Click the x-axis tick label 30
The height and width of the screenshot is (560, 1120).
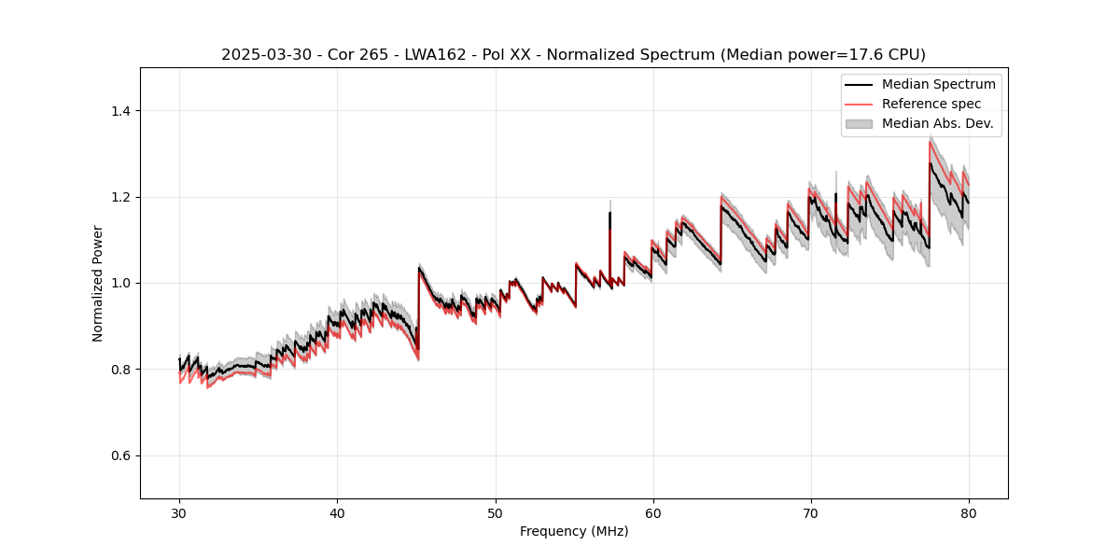179,512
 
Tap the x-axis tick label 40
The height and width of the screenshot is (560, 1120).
337,512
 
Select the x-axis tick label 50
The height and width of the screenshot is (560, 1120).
495,512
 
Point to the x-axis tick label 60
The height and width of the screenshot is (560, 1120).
652,512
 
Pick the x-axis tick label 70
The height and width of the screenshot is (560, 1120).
810,512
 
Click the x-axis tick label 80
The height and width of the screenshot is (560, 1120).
968,512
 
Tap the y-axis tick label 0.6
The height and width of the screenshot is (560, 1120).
120,455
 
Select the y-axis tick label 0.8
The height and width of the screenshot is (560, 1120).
120,370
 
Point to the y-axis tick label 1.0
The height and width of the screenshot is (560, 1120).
120,283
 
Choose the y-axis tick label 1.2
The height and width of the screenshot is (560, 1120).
120,197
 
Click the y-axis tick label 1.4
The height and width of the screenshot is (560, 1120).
120,111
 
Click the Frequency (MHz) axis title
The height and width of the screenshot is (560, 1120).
574,531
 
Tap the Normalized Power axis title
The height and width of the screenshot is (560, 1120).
98,283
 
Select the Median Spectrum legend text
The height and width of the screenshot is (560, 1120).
938,84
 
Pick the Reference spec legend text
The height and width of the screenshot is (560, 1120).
931,104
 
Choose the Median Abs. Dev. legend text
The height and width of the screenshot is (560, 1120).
937,123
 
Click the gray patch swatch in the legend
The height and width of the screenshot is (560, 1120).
859,123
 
